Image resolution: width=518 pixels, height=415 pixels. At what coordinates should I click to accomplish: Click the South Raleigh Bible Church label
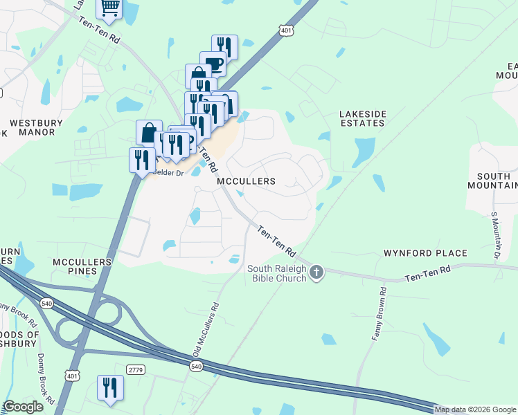coord(277,274)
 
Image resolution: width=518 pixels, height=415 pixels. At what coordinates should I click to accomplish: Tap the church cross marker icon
coord(316,272)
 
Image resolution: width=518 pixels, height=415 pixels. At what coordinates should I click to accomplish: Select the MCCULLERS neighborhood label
coord(246,181)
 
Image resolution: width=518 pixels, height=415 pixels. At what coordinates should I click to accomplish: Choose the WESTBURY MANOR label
coord(36,127)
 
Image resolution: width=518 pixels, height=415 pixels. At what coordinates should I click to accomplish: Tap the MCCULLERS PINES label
coord(82,267)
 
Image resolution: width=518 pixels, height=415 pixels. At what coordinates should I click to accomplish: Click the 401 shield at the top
coord(286,30)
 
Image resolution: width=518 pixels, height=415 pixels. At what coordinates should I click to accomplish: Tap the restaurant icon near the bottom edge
coord(109,387)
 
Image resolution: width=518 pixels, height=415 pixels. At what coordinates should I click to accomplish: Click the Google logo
coord(23,407)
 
